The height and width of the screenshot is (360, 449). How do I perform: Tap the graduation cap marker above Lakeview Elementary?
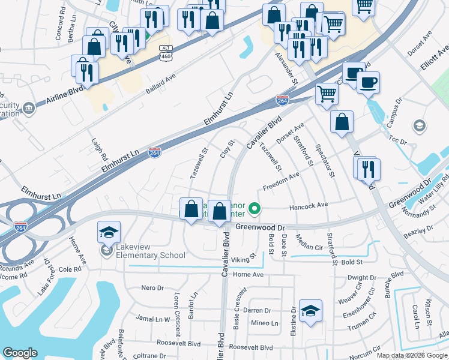click(109, 233)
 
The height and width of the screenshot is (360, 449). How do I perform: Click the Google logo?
click(20, 353)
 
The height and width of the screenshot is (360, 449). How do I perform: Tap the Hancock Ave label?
click(309, 205)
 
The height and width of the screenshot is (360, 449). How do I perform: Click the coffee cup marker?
click(368, 82)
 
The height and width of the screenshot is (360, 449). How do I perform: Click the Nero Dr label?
click(152, 287)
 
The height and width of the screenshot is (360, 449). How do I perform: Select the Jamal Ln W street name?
click(153, 319)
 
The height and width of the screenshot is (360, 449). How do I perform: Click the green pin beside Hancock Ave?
click(255, 209)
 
